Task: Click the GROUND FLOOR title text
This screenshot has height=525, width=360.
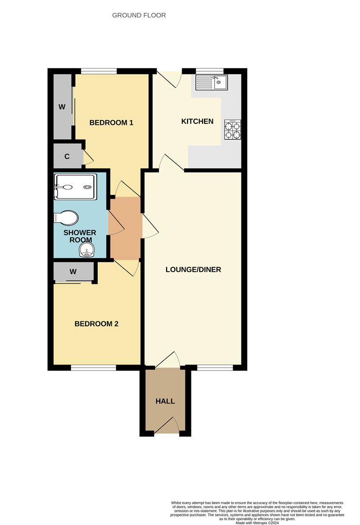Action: coord(139,15)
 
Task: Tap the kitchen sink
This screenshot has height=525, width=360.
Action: coord(211,83)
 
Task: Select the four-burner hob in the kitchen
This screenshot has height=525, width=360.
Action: coord(232,130)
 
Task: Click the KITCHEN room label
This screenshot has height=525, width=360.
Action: coord(197,121)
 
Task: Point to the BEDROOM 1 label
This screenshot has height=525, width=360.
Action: coord(111,122)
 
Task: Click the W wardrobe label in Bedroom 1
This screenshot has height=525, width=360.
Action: coord(62,107)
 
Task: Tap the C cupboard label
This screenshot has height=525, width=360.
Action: coord(67,157)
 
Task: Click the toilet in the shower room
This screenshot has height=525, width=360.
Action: coord(67,218)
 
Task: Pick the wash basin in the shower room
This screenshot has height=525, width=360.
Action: coord(86,251)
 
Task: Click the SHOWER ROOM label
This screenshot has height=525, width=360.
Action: coord(80,237)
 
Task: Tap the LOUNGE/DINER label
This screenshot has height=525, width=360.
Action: coord(193,269)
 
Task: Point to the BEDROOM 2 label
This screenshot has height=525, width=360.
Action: coord(97,324)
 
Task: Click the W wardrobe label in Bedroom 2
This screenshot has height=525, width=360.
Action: coord(73,272)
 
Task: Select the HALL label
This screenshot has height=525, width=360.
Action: coord(165,401)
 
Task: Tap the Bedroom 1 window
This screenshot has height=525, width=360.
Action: coord(99,71)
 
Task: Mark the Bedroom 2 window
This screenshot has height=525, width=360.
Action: coord(93,367)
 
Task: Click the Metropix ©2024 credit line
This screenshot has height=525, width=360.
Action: coord(257,523)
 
